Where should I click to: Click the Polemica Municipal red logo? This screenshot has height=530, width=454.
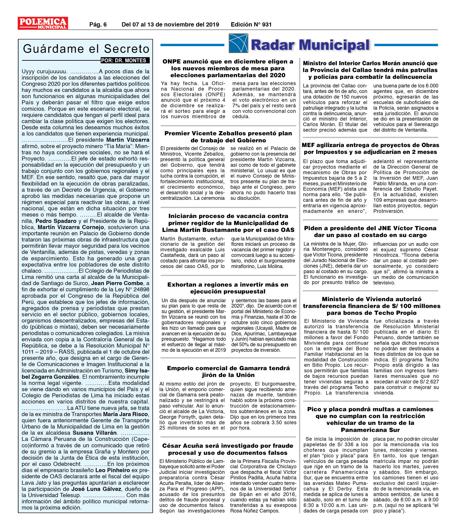click(x=43, y=23)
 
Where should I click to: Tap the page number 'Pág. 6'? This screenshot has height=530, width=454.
click(x=98, y=25)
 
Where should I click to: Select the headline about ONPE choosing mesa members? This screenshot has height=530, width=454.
click(x=228, y=68)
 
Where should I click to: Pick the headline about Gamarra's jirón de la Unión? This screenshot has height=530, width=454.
click(x=228, y=371)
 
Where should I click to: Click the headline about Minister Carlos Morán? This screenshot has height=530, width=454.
click(x=370, y=70)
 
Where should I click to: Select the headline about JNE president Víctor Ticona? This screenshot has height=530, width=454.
click(x=370, y=231)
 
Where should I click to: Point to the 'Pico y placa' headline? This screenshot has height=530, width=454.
click(x=370, y=420)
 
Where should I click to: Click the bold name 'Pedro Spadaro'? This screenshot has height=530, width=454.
click(x=56, y=221)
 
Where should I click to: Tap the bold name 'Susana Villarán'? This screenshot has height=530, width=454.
click(x=95, y=433)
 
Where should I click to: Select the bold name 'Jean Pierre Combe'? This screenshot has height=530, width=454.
click(x=117, y=283)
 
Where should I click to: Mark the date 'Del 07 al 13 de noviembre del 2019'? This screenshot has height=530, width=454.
click(x=170, y=25)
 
